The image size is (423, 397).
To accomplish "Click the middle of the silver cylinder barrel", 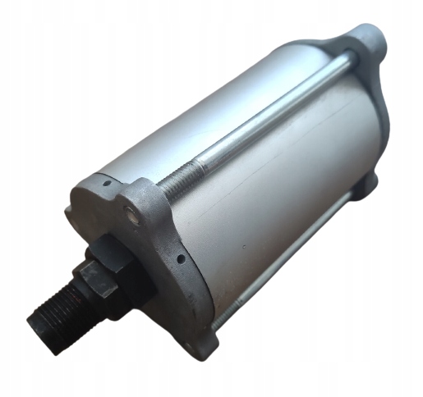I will point(271,180).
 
